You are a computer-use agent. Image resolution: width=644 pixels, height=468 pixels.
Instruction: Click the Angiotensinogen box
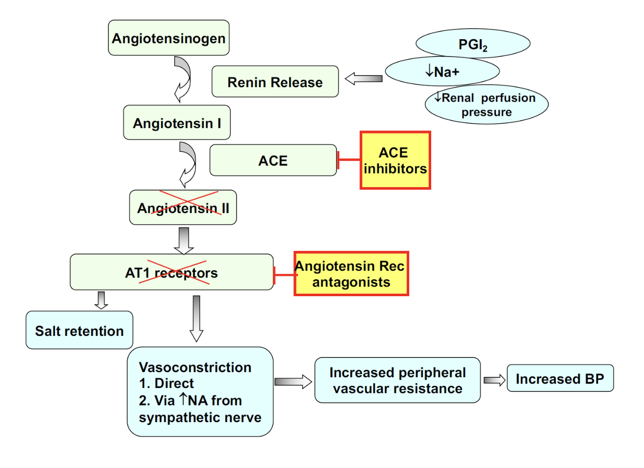coord(168,38)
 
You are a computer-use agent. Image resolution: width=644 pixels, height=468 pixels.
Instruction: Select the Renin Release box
coord(275,82)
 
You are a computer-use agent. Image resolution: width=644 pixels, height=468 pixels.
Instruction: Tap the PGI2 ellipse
coord(473,44)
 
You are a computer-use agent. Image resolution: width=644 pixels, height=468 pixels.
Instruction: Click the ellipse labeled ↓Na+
coord(441,71)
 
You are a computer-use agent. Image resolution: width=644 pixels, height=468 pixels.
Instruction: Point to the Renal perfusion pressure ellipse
coord(486,105)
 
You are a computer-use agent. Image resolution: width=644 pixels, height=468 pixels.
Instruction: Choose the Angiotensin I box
coord(177,123)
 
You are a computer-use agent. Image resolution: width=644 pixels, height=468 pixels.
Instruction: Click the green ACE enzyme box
coord(273,161)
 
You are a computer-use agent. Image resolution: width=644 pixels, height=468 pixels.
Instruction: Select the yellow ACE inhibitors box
coord(395,161)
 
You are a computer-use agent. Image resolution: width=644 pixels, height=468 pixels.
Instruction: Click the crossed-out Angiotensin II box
coord(183,207)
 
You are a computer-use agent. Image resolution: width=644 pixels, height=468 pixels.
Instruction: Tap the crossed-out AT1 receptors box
coord(171,272)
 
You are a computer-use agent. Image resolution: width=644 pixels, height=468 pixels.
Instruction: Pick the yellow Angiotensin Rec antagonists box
coord(351,274)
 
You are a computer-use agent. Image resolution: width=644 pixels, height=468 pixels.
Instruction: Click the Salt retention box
coord(79,330)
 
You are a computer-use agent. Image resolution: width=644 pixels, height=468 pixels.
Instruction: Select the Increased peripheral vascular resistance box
coord(398,380)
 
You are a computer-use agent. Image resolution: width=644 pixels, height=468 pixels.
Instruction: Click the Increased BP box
coord(560,379)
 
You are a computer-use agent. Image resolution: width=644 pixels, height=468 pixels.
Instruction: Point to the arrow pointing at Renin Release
coord(363,79)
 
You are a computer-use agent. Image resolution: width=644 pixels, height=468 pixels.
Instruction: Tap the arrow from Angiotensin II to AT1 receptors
coord(184,240)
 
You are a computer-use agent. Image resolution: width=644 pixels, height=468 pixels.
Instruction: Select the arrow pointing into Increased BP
coord(494,380)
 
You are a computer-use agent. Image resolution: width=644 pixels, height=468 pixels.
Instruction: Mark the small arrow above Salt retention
coord(102,300)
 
